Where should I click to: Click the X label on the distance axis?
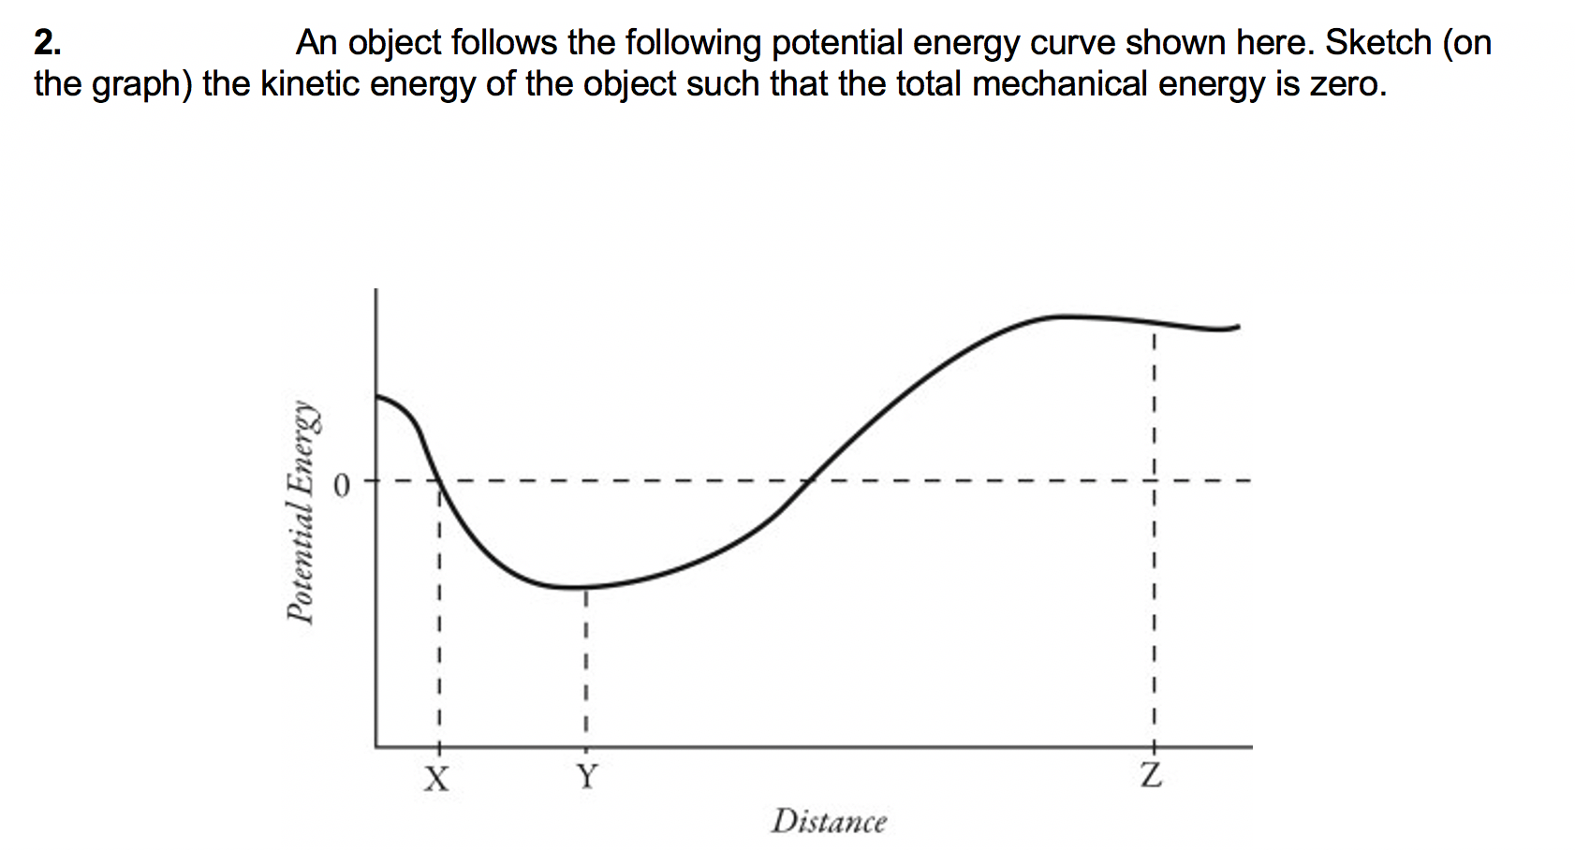click(436, 778)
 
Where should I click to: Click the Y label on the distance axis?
click(586, 777)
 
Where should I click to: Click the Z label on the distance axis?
click(1152, 776)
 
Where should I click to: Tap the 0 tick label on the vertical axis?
click(343, 486)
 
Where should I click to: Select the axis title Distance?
click(829, 822)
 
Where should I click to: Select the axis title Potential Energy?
click(301, 512)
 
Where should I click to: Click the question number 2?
click(47, 43)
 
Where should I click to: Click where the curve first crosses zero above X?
click(439, 481)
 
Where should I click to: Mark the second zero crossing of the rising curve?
click(810, 481)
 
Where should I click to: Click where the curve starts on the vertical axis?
click(377, 396)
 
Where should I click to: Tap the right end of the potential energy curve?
click(1238, 327)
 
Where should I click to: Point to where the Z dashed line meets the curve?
click(1154, 322)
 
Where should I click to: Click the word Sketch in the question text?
click(1377, 43)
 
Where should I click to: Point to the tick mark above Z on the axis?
click(1154, 745)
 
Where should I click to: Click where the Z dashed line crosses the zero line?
click(1154, 481)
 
